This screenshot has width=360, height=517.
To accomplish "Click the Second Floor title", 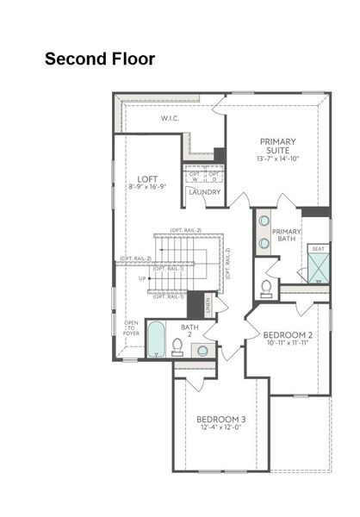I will point(100,59).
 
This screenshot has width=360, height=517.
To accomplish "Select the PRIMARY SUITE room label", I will point(276,146).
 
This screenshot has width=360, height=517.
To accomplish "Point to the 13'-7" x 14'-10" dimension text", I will point(276,159).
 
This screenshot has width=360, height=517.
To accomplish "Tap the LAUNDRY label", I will point(205,192).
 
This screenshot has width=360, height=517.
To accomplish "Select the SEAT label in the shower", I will point(318,248).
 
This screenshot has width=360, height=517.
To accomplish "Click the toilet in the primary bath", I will point(266,288).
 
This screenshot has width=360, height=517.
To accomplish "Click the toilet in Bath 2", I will point(177,346).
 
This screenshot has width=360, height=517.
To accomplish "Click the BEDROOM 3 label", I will point(221,420).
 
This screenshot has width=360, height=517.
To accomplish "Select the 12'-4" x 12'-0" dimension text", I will point(221,429).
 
